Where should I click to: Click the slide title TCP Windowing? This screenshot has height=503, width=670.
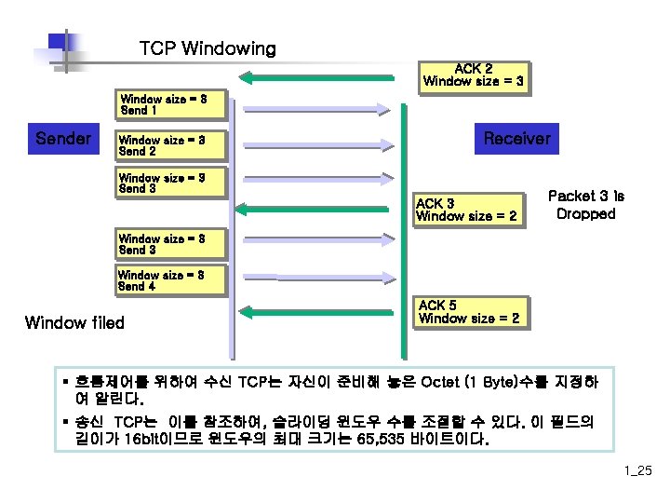click(x=207, y=48)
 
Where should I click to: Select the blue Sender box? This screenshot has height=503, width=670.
click(x=63, y=139)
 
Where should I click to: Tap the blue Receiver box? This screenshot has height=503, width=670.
click(x=516, y=139)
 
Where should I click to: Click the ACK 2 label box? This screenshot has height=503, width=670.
click(x=473, y=75)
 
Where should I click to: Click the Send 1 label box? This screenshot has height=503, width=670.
click(x=171, y=104)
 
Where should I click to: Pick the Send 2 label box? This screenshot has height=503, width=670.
click(x=171, y=145)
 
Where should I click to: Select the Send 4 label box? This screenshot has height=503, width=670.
click(x=171, y=280)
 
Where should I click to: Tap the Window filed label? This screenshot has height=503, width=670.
click(x=74, y=323)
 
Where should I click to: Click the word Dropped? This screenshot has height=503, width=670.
click(x=585, y=214)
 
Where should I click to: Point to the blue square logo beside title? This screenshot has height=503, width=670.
click(x=60, y=46)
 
